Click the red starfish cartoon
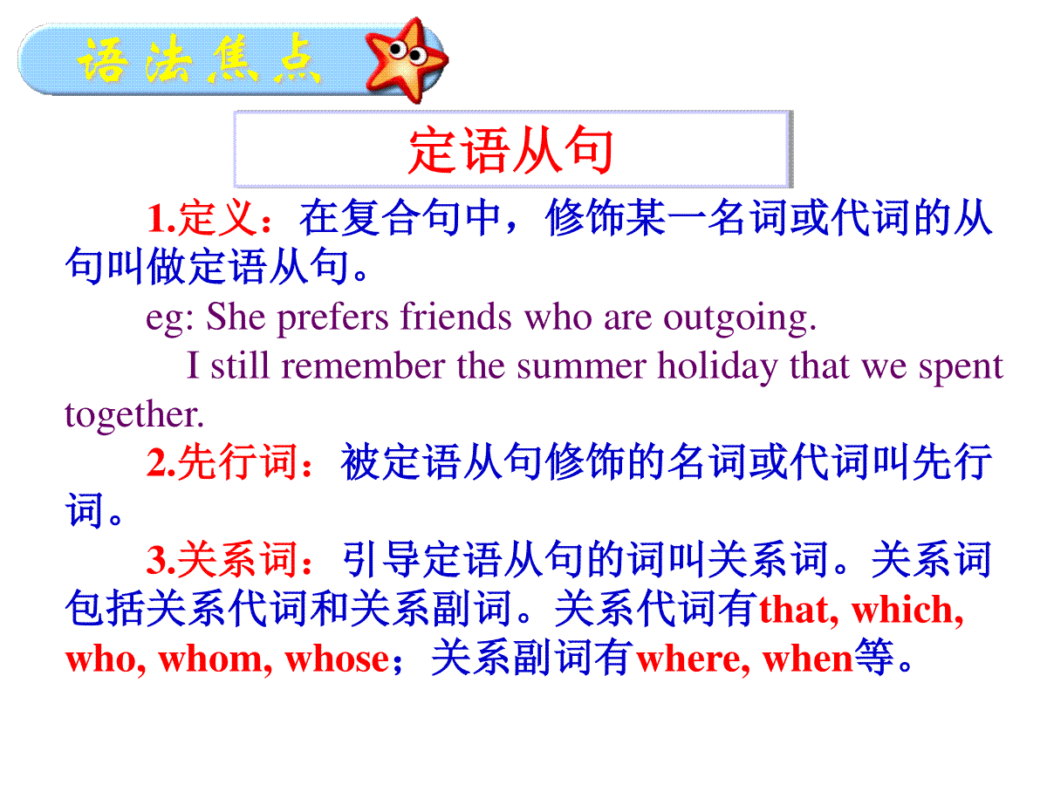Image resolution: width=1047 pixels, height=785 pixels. click(406, 59)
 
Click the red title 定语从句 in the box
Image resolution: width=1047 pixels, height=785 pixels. click(511, 150)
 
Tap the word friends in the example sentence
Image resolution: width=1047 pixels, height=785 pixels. click(455, 316)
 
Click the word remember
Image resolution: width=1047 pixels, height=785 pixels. click(363, 366)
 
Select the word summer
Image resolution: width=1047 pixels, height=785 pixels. click(581, 367)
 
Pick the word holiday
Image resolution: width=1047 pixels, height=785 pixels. click(717, 367)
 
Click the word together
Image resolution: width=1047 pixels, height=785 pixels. click(134, 415)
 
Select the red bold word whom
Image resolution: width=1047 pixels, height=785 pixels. click(215, 660)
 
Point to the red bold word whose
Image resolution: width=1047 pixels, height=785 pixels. click(337, 660)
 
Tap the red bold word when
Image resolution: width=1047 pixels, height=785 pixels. click(807, 660)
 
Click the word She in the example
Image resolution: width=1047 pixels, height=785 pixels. click(236, 317)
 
